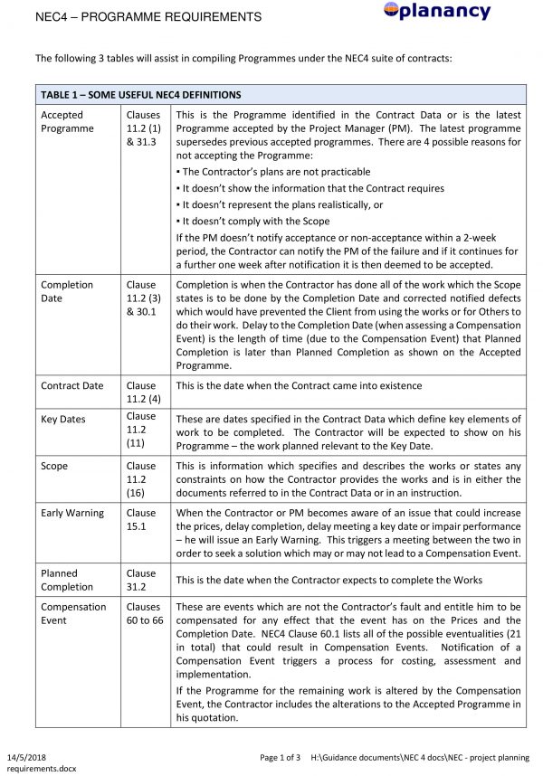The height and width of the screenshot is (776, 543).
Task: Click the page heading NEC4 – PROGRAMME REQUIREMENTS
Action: point(148,17)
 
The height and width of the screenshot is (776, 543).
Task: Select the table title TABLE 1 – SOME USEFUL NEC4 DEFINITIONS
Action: point(139,95)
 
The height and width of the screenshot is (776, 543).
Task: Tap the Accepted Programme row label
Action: point(67,122)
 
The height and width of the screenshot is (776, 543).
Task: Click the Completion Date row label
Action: point(67,291)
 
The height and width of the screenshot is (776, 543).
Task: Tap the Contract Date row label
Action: point(72,386)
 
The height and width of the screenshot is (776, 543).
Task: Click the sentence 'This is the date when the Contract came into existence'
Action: point(299,386)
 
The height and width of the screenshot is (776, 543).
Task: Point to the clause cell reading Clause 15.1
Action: point(141,519)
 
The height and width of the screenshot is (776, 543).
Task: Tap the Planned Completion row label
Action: point(67,580)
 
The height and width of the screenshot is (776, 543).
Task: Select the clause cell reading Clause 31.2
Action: point(141,580)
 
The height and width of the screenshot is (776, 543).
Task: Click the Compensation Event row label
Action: point(73,614)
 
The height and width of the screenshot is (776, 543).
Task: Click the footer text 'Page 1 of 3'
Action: point(280,757)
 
